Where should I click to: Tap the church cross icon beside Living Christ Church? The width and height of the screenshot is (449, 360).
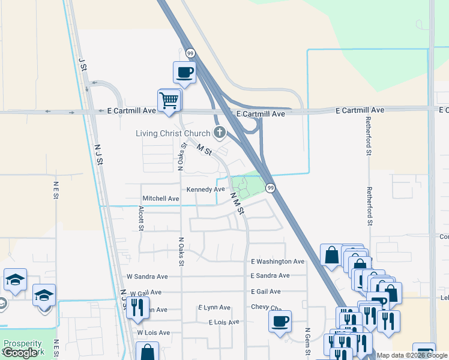click(x=220, y=133)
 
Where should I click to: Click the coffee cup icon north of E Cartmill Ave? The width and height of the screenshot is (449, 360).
click(x=184, y=72)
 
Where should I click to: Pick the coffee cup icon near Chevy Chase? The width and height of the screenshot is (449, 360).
click(x=279, y=321)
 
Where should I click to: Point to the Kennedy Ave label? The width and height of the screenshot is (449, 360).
click(x=205, y=189)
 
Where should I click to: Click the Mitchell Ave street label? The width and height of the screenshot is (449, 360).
click(x=161, y=199)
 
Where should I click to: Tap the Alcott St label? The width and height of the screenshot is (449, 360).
click(x=141, y=218)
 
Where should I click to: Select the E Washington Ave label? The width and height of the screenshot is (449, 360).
click(x=277, y=262)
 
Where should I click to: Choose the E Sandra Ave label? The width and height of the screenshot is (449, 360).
click(x=270, y=275)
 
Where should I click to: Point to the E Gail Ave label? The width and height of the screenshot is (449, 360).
click(x=265, y=292)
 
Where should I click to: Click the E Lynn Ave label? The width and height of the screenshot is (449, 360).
click(x=214, y=307)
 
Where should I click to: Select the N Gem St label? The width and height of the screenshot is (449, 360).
click(x=307, y=342)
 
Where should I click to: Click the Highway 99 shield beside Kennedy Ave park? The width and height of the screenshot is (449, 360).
click(x=271, y=188)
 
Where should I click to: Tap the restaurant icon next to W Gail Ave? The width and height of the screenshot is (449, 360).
click(x=137, y=307)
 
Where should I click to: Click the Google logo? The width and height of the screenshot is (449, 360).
click(x=20, y=353)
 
